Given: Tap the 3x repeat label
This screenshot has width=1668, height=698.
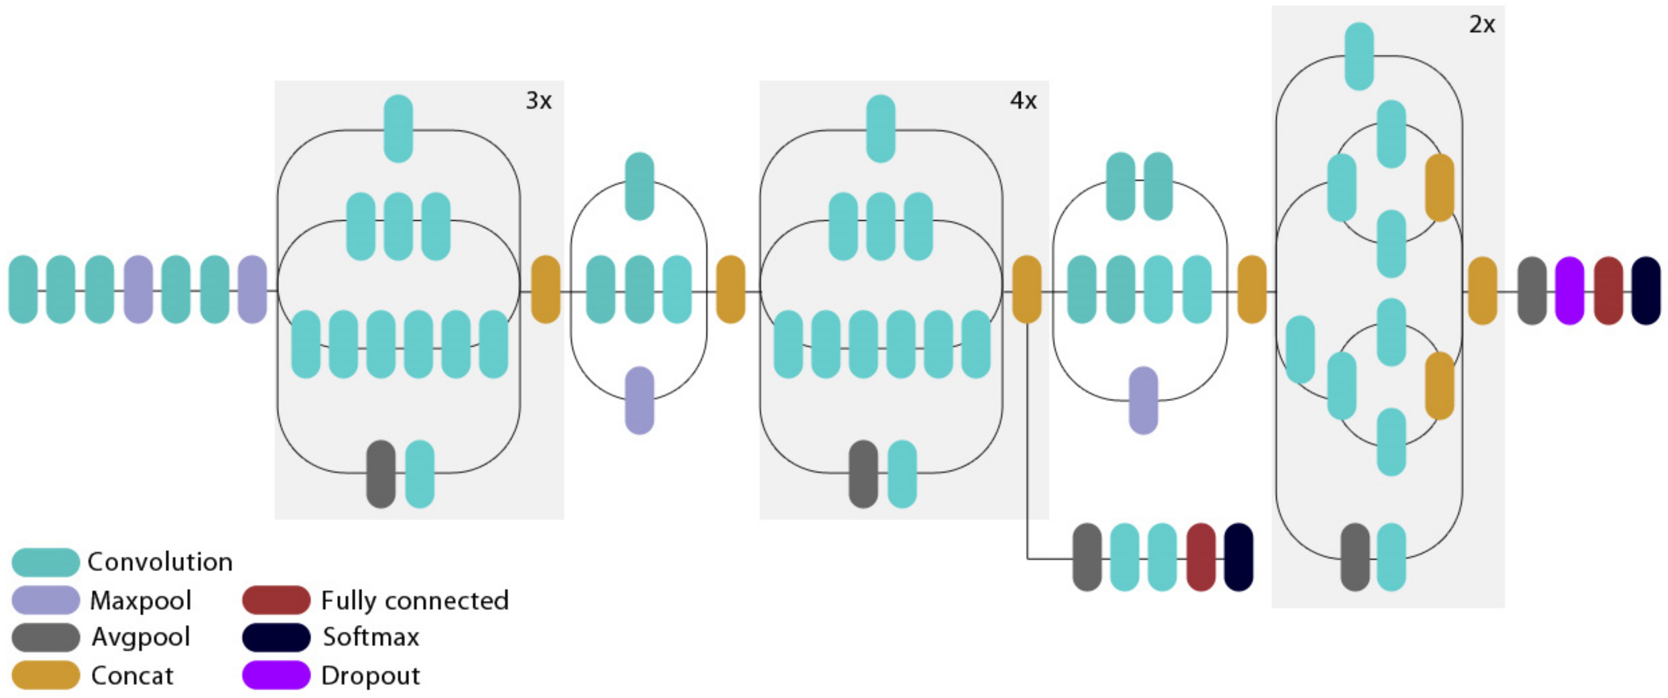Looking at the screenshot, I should (x=538, y=100).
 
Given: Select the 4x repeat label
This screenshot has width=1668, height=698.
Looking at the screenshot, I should (x=1023, y=100).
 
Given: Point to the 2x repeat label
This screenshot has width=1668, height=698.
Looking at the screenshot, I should (x=1482, y=24).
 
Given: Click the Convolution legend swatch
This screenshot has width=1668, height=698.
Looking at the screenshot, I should (x=45, y=562).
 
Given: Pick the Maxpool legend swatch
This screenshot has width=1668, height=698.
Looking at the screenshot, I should (x=45, y=600).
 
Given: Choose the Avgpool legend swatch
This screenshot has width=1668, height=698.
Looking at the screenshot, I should (x=45, y=637).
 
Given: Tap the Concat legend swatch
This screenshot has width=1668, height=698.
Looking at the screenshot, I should (x=45, y=675).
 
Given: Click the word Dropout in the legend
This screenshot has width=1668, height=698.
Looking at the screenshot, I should (x=370, y=675).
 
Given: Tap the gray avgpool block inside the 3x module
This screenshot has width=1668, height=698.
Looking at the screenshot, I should (x=381, y=474).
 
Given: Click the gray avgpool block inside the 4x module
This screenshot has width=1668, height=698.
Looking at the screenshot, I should (x=863, y=474).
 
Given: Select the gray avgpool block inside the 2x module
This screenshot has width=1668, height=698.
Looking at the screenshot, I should (x=1355, y=557).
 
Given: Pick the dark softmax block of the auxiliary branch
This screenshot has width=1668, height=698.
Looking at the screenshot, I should (x=1238, y=557).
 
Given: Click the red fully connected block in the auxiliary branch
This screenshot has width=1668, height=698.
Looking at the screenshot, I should (x=1201, y=557).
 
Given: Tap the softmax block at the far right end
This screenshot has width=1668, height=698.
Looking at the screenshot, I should (x=1645, y=290).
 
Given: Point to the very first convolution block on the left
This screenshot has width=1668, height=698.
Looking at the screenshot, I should (x=23, y=290).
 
